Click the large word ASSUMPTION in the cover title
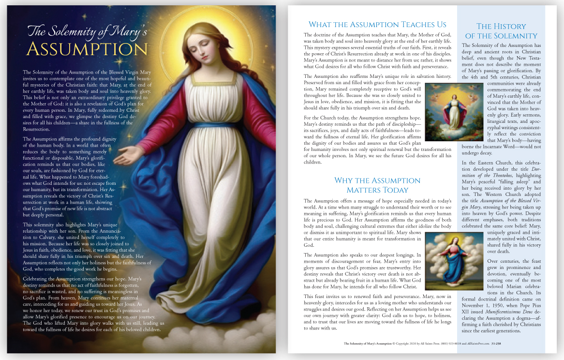87,49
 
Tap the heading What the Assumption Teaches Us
377,25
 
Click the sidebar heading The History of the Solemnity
501,31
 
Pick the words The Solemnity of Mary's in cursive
87,31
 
